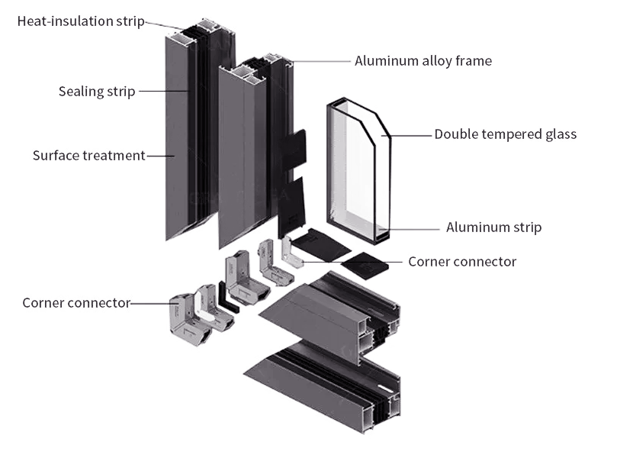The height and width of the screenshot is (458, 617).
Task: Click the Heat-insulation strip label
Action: [81, 21]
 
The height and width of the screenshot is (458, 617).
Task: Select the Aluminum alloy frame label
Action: [423, 61]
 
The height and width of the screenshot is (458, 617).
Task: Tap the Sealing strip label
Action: [97, 92]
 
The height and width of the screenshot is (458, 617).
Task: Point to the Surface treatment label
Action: [89, 156]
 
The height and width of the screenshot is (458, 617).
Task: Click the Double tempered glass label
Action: [505, 134]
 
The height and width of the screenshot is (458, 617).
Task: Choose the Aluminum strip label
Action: [494, 227]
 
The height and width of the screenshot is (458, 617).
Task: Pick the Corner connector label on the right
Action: [462, 262]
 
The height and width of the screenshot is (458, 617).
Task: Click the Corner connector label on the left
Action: [76, 303]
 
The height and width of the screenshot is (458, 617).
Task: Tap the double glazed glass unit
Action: [358, 171]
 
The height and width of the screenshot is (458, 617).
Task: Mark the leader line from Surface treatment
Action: [161, 156]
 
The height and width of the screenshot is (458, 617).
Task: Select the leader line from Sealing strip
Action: [164, 91]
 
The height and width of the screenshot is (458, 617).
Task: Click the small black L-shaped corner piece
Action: [227, 298]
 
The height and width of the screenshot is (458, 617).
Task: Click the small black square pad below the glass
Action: [365, 266]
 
